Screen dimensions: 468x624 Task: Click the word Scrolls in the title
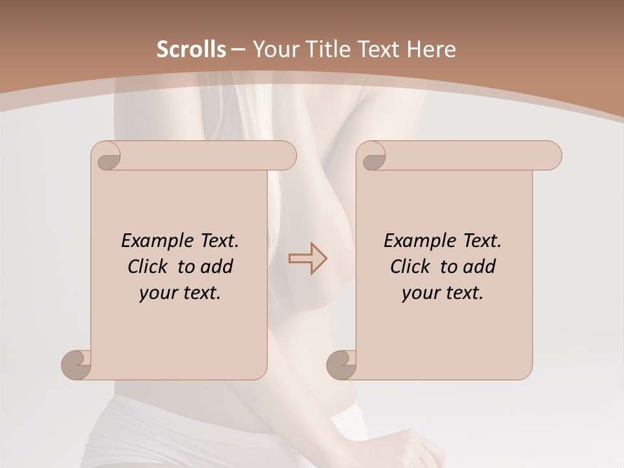(x=191, y=49)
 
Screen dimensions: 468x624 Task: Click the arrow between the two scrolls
(x=308, y=258)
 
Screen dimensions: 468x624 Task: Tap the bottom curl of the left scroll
(x=77, y=365)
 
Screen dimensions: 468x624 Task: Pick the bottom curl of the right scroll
(x=342, y=365)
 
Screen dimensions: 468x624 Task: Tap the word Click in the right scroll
(x=409, y=266)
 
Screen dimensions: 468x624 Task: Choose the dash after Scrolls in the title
(x=238, y=50)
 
